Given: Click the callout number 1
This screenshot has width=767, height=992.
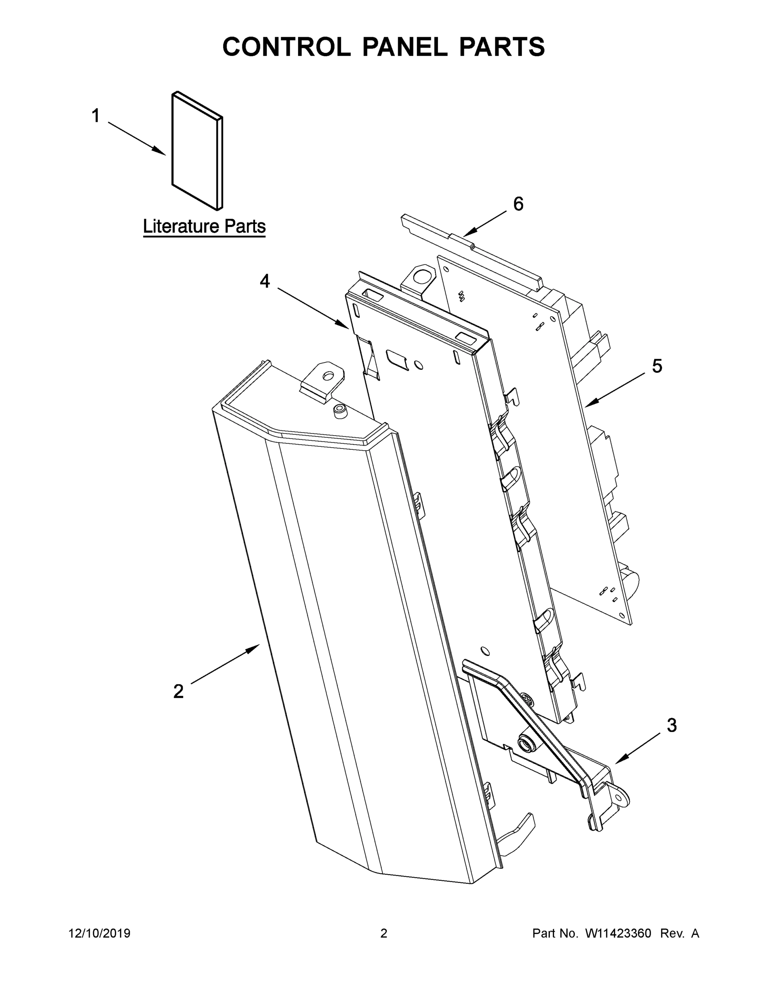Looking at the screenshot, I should tap(96, 116).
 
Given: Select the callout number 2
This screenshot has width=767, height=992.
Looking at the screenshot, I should tap(179, 692).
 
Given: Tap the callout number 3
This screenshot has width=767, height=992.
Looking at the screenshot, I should tap(671, 725).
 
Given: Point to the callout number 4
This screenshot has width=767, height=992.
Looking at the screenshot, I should tap(265, 281).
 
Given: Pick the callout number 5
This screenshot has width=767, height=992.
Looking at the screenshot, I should tap(657, 366).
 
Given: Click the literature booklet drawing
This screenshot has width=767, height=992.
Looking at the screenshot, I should tap(197, 151).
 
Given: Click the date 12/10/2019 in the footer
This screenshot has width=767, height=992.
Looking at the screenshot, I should tap(100, 933).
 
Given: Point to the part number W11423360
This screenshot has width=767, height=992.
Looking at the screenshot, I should tap(618, 933).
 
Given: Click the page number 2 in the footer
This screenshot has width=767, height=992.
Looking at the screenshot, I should tap(384, 933).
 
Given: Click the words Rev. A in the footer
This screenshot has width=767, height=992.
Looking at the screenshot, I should tap(679, 933).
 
